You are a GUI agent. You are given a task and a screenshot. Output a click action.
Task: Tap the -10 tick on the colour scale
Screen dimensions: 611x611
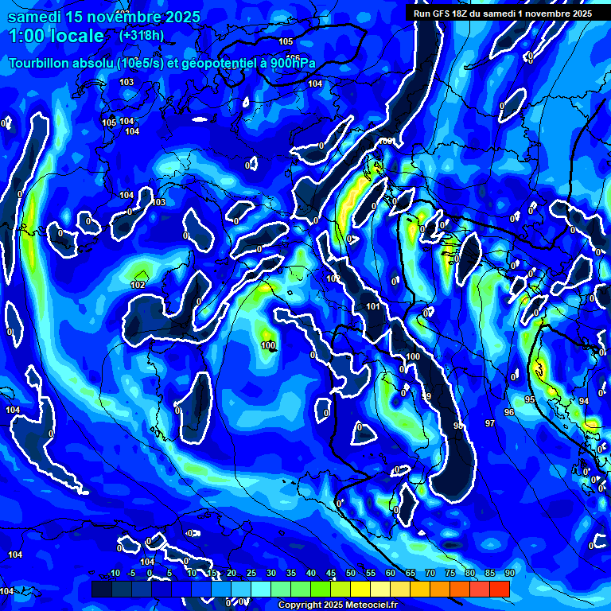pos(113,574)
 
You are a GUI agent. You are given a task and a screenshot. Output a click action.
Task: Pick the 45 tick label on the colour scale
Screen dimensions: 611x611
pos(331,574)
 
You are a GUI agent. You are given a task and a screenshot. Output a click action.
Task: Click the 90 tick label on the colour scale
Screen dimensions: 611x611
pos(509,574)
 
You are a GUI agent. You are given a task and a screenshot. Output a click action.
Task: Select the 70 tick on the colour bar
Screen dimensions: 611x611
pos(430,574)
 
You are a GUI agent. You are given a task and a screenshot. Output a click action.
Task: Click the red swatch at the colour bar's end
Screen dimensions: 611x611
pos(500,589)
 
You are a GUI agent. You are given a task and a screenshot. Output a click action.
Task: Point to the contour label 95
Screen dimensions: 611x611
pos(530,399)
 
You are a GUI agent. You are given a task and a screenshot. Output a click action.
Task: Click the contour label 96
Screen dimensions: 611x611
pos(509,412)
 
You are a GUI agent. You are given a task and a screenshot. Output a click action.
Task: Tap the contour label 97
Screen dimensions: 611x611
pos(490,423)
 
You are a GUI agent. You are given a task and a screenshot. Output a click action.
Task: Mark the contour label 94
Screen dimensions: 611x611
pos(583,401)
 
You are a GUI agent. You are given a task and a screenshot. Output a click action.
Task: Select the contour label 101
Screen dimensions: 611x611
pos(373,306)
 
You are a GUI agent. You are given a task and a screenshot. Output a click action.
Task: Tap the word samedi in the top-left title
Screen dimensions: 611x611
pos(30,17)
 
